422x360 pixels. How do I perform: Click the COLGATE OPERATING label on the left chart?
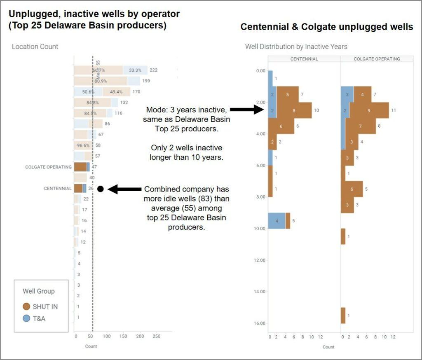tap(48, 167)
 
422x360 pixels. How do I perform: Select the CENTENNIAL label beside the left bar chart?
tap(58, 189)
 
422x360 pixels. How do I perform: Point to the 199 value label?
tap(145, 81)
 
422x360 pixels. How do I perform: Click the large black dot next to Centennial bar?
tap(100, 189)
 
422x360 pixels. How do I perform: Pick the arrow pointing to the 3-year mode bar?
tap(246, 110)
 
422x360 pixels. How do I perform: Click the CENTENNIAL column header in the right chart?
tap(304, 59)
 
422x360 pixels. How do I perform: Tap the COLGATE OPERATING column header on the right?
tap(377, 59)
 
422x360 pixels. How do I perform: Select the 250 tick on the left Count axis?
tap(157, 337)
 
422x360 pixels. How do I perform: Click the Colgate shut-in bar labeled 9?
tap(369, 110)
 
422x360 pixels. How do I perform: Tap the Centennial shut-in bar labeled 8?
tap(294, 110)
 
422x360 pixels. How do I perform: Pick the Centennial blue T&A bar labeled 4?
tap(277, 221)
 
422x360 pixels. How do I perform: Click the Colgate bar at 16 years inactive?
tap(343, 316)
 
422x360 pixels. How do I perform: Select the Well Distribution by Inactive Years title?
tap(296, 47)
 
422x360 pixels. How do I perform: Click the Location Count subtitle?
tap(35, 47)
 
